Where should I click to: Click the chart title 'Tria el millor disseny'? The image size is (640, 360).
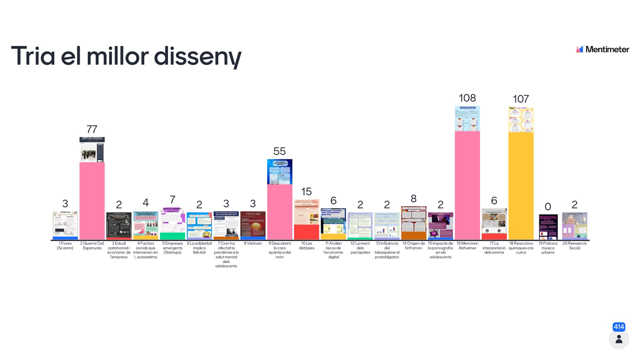(126, 56)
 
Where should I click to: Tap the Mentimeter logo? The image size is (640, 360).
(603, 49)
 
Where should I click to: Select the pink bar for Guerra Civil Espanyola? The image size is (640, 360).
(92, 201)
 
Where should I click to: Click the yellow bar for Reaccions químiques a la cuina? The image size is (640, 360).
(521, 186)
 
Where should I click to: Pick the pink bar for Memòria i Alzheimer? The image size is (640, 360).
(467, 185)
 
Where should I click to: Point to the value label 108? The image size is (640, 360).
(467, 98)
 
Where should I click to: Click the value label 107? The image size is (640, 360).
(521, 99)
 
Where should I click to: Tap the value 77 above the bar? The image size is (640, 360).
(92, 129)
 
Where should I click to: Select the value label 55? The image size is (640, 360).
(280, 151)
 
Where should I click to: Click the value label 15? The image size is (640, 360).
(306, 192)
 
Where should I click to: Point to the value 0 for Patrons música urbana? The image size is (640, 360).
(548, 207)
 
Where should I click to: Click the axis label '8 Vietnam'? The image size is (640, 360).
(253, 243)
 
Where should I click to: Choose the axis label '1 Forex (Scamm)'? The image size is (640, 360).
(65, 246)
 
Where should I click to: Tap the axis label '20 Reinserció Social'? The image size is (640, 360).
(574, 246)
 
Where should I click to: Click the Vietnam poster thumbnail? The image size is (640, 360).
(253, 224)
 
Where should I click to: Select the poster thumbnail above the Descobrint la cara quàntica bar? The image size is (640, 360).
(280, 172)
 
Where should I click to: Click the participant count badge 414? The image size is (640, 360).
(619, 327)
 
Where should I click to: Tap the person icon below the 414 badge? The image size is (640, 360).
(619, 339)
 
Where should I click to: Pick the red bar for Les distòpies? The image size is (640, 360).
(306, 232)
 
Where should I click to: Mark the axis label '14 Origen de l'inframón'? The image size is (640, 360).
(414, 246)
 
